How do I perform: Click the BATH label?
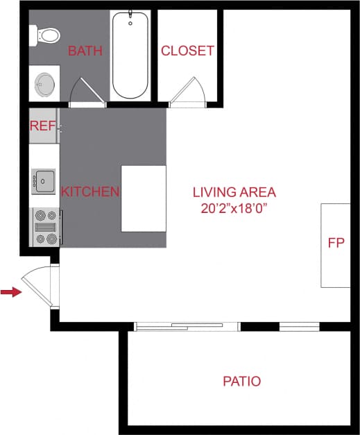[85, 51]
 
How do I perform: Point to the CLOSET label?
[187, 51]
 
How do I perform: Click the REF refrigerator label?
[42, 126]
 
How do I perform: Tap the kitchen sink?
[44, 182]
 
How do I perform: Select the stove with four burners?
[46, 228]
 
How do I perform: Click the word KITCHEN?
[90, 191]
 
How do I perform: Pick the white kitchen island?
[144, 198]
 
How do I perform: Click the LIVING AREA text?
[234, 192]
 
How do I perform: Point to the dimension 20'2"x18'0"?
[234, 207]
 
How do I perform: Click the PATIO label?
[241, 381]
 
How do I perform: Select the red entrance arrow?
[10, 293]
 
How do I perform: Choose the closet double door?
[187, 92]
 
